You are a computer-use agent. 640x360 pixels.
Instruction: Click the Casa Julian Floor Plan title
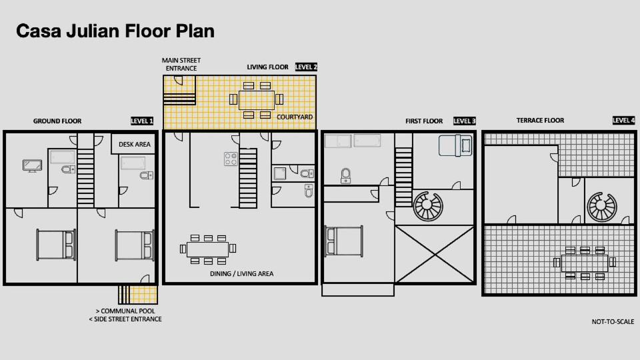[x=115, y=31]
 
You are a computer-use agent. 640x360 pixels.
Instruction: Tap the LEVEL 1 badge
[x=141, y=121]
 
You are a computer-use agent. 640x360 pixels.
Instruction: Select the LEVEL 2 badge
[x=306, y=67]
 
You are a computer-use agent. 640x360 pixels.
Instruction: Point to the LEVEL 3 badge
[x=465, y=121]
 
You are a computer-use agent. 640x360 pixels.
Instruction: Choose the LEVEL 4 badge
[x=624, y=120]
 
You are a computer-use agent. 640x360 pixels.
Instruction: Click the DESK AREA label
[x=134, y=145]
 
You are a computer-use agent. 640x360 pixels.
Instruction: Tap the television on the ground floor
[x=32, y=166]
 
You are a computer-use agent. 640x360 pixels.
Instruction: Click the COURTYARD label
[x=295, y=117]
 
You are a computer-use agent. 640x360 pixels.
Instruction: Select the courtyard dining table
[x=256, y=100]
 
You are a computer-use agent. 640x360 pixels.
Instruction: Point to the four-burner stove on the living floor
[x=231, y=159]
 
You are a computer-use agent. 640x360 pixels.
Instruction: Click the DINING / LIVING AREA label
[x=241, y=274]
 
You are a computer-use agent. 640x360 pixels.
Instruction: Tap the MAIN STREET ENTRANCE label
[x=181, y=65]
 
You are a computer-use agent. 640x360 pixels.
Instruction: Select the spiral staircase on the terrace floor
[x=602, y=207]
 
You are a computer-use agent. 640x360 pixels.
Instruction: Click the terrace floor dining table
[x=585, y=263]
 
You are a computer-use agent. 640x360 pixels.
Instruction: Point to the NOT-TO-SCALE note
[x=613, y=321]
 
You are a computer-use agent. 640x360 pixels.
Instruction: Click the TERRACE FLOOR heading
[x=540, y=121]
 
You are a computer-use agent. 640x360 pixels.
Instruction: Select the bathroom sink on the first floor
[x=346, y=176]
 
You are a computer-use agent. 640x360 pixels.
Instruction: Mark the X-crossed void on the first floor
[x=435, y=254]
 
